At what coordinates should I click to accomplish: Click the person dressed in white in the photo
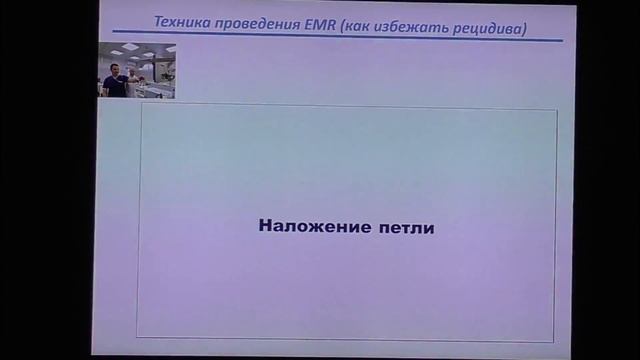(x=132, y=84)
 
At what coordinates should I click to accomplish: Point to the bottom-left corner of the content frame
(x=139, y=337)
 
